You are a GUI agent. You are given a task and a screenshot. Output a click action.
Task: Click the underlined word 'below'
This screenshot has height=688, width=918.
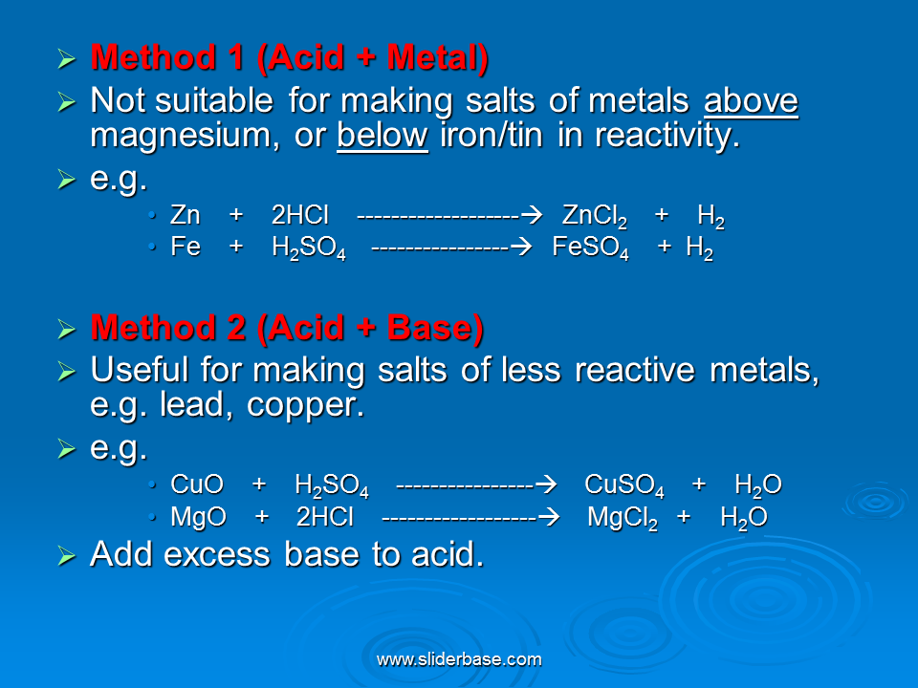coord(382,135)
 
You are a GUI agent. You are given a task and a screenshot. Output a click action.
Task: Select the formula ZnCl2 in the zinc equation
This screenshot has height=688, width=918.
coord(595,217)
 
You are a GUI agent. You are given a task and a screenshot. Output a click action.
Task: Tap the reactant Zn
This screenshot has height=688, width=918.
coord(185,215)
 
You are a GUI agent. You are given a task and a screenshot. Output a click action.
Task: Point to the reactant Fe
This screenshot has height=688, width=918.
coord(186,247)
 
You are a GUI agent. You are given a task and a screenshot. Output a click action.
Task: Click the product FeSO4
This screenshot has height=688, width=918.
coord(591,248)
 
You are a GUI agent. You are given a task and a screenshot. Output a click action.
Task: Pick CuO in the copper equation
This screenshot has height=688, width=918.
coord(197,484)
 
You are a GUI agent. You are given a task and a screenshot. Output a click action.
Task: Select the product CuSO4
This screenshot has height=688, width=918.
coord(624,485)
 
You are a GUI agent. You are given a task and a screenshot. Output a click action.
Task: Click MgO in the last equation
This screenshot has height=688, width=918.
coord(199,517)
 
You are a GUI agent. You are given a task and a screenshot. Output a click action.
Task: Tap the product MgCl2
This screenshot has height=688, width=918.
coord(623,518)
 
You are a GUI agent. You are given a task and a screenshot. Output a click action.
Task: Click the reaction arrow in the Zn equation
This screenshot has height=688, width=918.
coord(449,216)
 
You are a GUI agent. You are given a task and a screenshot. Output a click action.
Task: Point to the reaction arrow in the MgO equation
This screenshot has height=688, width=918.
coord(470,517)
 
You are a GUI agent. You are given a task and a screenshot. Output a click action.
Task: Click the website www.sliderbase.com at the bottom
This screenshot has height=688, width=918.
coord(459,659)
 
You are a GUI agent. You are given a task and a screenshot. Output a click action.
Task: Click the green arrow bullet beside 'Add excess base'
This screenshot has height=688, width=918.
coord(67,556)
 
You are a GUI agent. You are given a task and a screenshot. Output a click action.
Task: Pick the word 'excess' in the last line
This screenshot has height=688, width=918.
coord(217,554)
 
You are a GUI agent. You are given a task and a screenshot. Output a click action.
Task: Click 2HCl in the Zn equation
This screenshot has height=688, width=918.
coord(299,215)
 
